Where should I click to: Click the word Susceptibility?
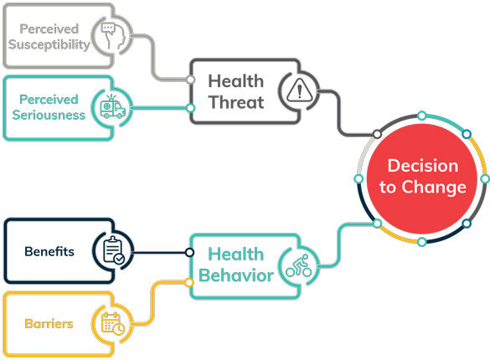(x=49, y=44)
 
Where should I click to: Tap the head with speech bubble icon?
(x=113, y=36)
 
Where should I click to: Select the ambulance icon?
(x=113, y=107)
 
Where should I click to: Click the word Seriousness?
(x=49, y=115)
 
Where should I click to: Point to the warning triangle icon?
(x=299, y=90)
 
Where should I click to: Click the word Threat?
(x=236, y=102)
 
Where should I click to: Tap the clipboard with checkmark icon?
(x=114, y=250)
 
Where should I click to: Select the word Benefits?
(x=49, y=252)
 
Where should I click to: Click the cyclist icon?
(x=299, y=265)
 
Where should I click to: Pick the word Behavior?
(x=236, y=275)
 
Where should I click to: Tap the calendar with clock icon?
(x=113, y=323)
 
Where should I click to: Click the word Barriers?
(x=49, y=324)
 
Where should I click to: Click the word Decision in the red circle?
(x=423, y=166)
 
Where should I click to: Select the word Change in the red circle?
(x=434, y=188)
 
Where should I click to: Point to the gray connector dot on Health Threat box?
(x=190, y=80)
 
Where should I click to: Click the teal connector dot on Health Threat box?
(x=190, y=108)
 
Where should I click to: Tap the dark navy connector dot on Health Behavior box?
(x=189, y=252)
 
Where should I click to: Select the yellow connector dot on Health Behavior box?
(x=189, y=283)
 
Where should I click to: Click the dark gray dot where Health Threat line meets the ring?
(x=377, y=134)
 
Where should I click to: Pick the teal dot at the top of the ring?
(x=422, y=116)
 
